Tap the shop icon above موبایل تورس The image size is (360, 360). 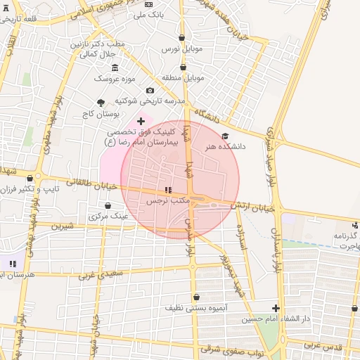click(x=182, y=38)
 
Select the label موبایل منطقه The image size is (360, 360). click(x=183, y=77)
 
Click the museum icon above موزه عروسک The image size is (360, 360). click(x=115, y=67)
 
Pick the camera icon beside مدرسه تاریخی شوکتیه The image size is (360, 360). click(x=149, y=91)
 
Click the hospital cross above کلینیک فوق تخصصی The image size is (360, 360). click(x=141, y=121)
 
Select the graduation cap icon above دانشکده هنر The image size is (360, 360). click(x=225, y=136)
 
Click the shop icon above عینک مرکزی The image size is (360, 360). click(x=107, y=206)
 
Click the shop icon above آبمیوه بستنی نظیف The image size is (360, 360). click(x=195, y=297)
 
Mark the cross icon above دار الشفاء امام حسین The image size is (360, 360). click(x=276, y=308)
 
